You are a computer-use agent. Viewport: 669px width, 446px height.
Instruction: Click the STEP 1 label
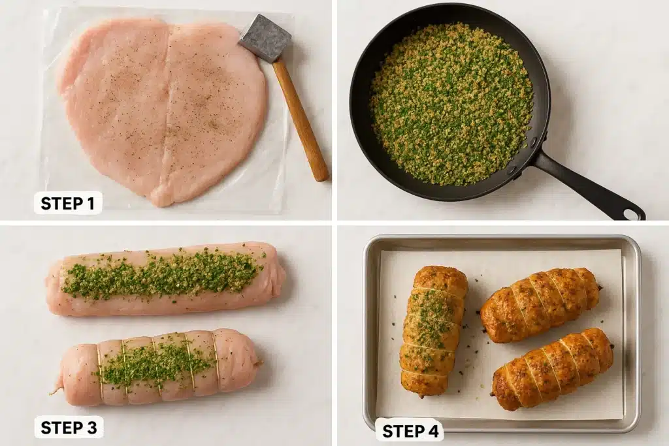pyautogui.click(x=67, y=203)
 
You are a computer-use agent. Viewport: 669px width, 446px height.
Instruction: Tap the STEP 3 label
pyautogui.click(x=68, y=427)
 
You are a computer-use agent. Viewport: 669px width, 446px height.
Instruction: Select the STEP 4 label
pyautogui.click(x=409, y=430)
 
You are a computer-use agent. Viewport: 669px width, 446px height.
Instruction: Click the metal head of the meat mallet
pyautogui.click(x=265, y=39)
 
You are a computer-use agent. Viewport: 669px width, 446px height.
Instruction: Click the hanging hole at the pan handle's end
pyautogui.click(x=631, y=214)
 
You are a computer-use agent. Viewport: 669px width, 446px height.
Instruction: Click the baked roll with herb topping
pyautogui.click(x=432, y=330)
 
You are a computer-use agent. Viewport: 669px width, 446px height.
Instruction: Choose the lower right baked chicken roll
pyautogui.click(x=552, y=369)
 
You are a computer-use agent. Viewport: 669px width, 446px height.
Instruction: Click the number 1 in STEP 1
pyautogui.click(x=91, y=203)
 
